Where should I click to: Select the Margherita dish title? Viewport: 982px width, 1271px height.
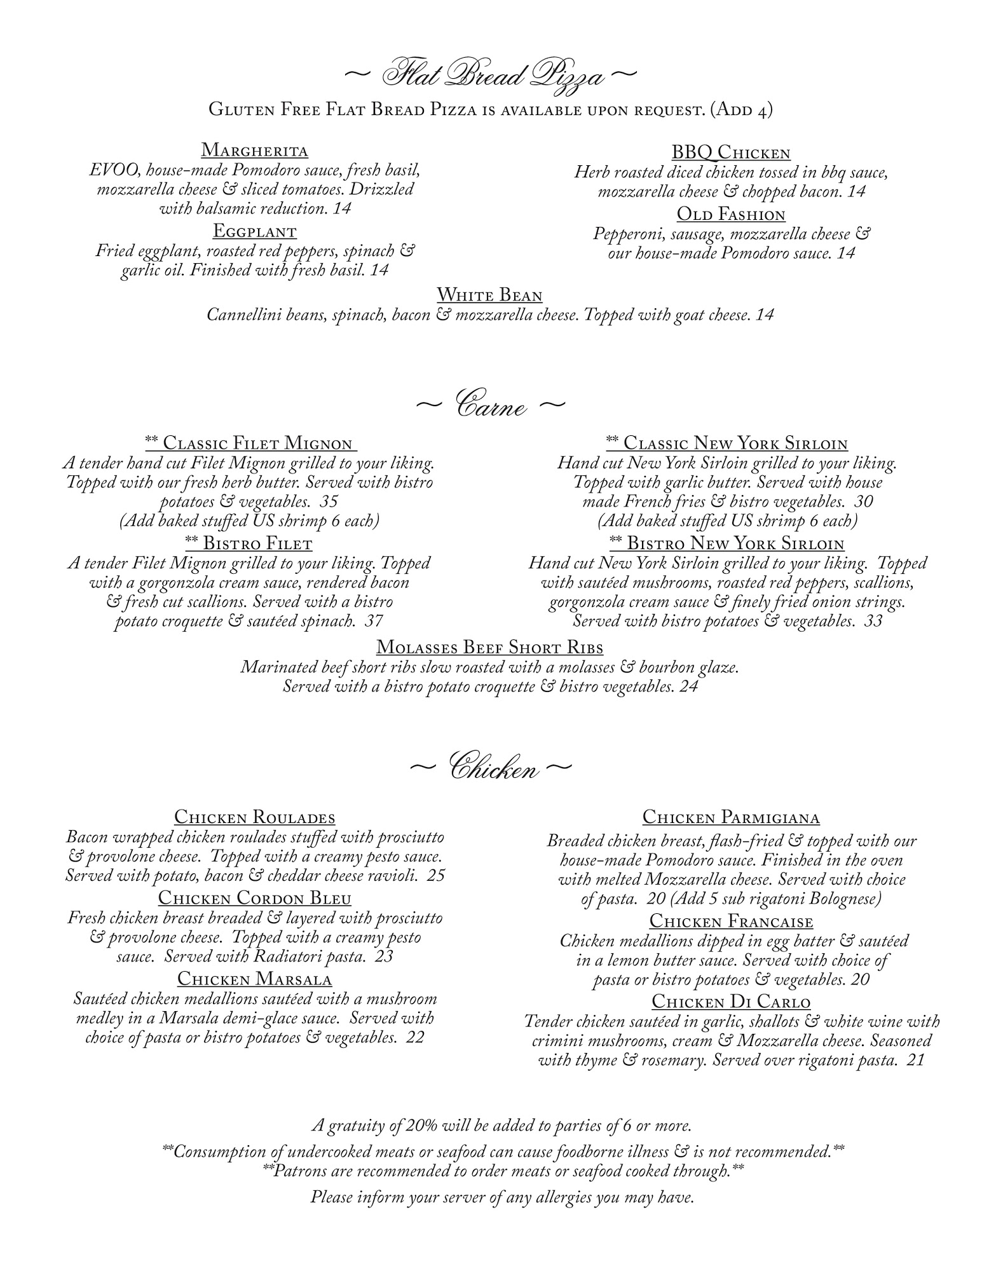click(254, 151)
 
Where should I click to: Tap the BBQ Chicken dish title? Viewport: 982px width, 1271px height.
click(731, 153)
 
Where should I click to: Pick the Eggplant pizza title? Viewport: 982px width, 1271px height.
click(254, 230)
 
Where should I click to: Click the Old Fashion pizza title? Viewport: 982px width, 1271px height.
click(731, 214)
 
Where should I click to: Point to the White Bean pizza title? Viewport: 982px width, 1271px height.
click(489, 295)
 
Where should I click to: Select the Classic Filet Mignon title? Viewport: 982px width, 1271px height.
click(250, 443)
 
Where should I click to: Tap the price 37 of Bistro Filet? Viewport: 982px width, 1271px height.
click(374, 621)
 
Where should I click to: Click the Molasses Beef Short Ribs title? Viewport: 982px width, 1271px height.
click(489, 647)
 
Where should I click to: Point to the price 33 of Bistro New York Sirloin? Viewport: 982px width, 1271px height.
click(873, 621)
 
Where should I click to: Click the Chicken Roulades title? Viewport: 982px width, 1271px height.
click(254, 817)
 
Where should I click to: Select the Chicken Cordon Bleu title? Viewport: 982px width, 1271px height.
click(254, 898)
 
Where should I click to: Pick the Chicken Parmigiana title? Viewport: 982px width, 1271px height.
click(731, 817)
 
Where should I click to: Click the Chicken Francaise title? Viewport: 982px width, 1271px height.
click(731, 921)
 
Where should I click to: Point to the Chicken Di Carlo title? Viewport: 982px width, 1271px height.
click(731, 1002)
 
